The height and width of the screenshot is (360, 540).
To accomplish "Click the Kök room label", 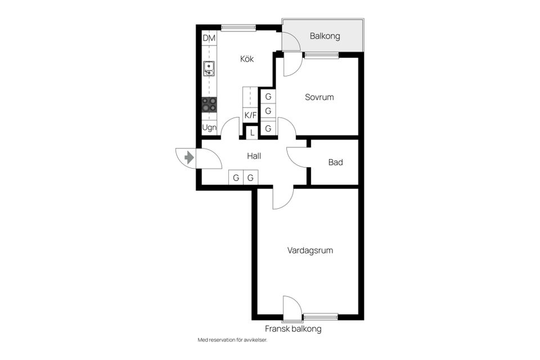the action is pyautogui.click(x=247, y=59).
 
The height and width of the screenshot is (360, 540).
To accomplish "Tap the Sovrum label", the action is pyautogui.click(x=319, y=97).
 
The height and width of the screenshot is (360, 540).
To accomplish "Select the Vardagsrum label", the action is pyautogui.click(x=310, y=250).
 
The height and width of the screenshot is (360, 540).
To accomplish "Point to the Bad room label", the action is pyautogui.click(x=335, y=162).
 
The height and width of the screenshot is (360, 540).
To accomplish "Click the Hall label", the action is pyautogui.click(x=254, y=156).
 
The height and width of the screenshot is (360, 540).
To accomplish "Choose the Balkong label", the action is pyautogui.click(x=325, y=36).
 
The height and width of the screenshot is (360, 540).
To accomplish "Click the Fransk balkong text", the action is pyautogui.click(x=293, y=328).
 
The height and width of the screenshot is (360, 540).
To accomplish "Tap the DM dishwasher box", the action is pyautogui.click(x=209, y=38).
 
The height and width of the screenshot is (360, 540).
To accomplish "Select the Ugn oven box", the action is pyautogui.click(x=209, y=128).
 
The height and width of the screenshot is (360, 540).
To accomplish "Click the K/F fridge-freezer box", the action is pyautogui.click(x=250, y=115).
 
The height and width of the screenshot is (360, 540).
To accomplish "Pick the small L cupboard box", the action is pyautogui.click(x=252, y=133).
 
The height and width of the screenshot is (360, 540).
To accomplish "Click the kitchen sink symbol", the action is pyautogui.click(x=209, y=69).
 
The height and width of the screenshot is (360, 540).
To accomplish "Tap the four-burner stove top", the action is pyautogui.click(x=209, y=105).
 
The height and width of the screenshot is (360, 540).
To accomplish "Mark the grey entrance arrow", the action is pyautogui.click(x=189, y=157).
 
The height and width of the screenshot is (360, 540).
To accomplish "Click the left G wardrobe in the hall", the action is pyautogui.click(x=236, y=177).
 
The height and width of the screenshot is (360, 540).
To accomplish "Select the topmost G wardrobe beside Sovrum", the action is pyautogui.click(x=268, y=96).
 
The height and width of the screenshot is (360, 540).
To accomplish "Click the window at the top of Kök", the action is pyautogui.click(x=238, y=28).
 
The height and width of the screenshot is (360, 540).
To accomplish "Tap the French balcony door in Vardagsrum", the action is pyautogui.click(x=292, y=308).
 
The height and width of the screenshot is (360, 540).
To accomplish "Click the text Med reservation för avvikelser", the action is pyautogui.click(x=232, y=340).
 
